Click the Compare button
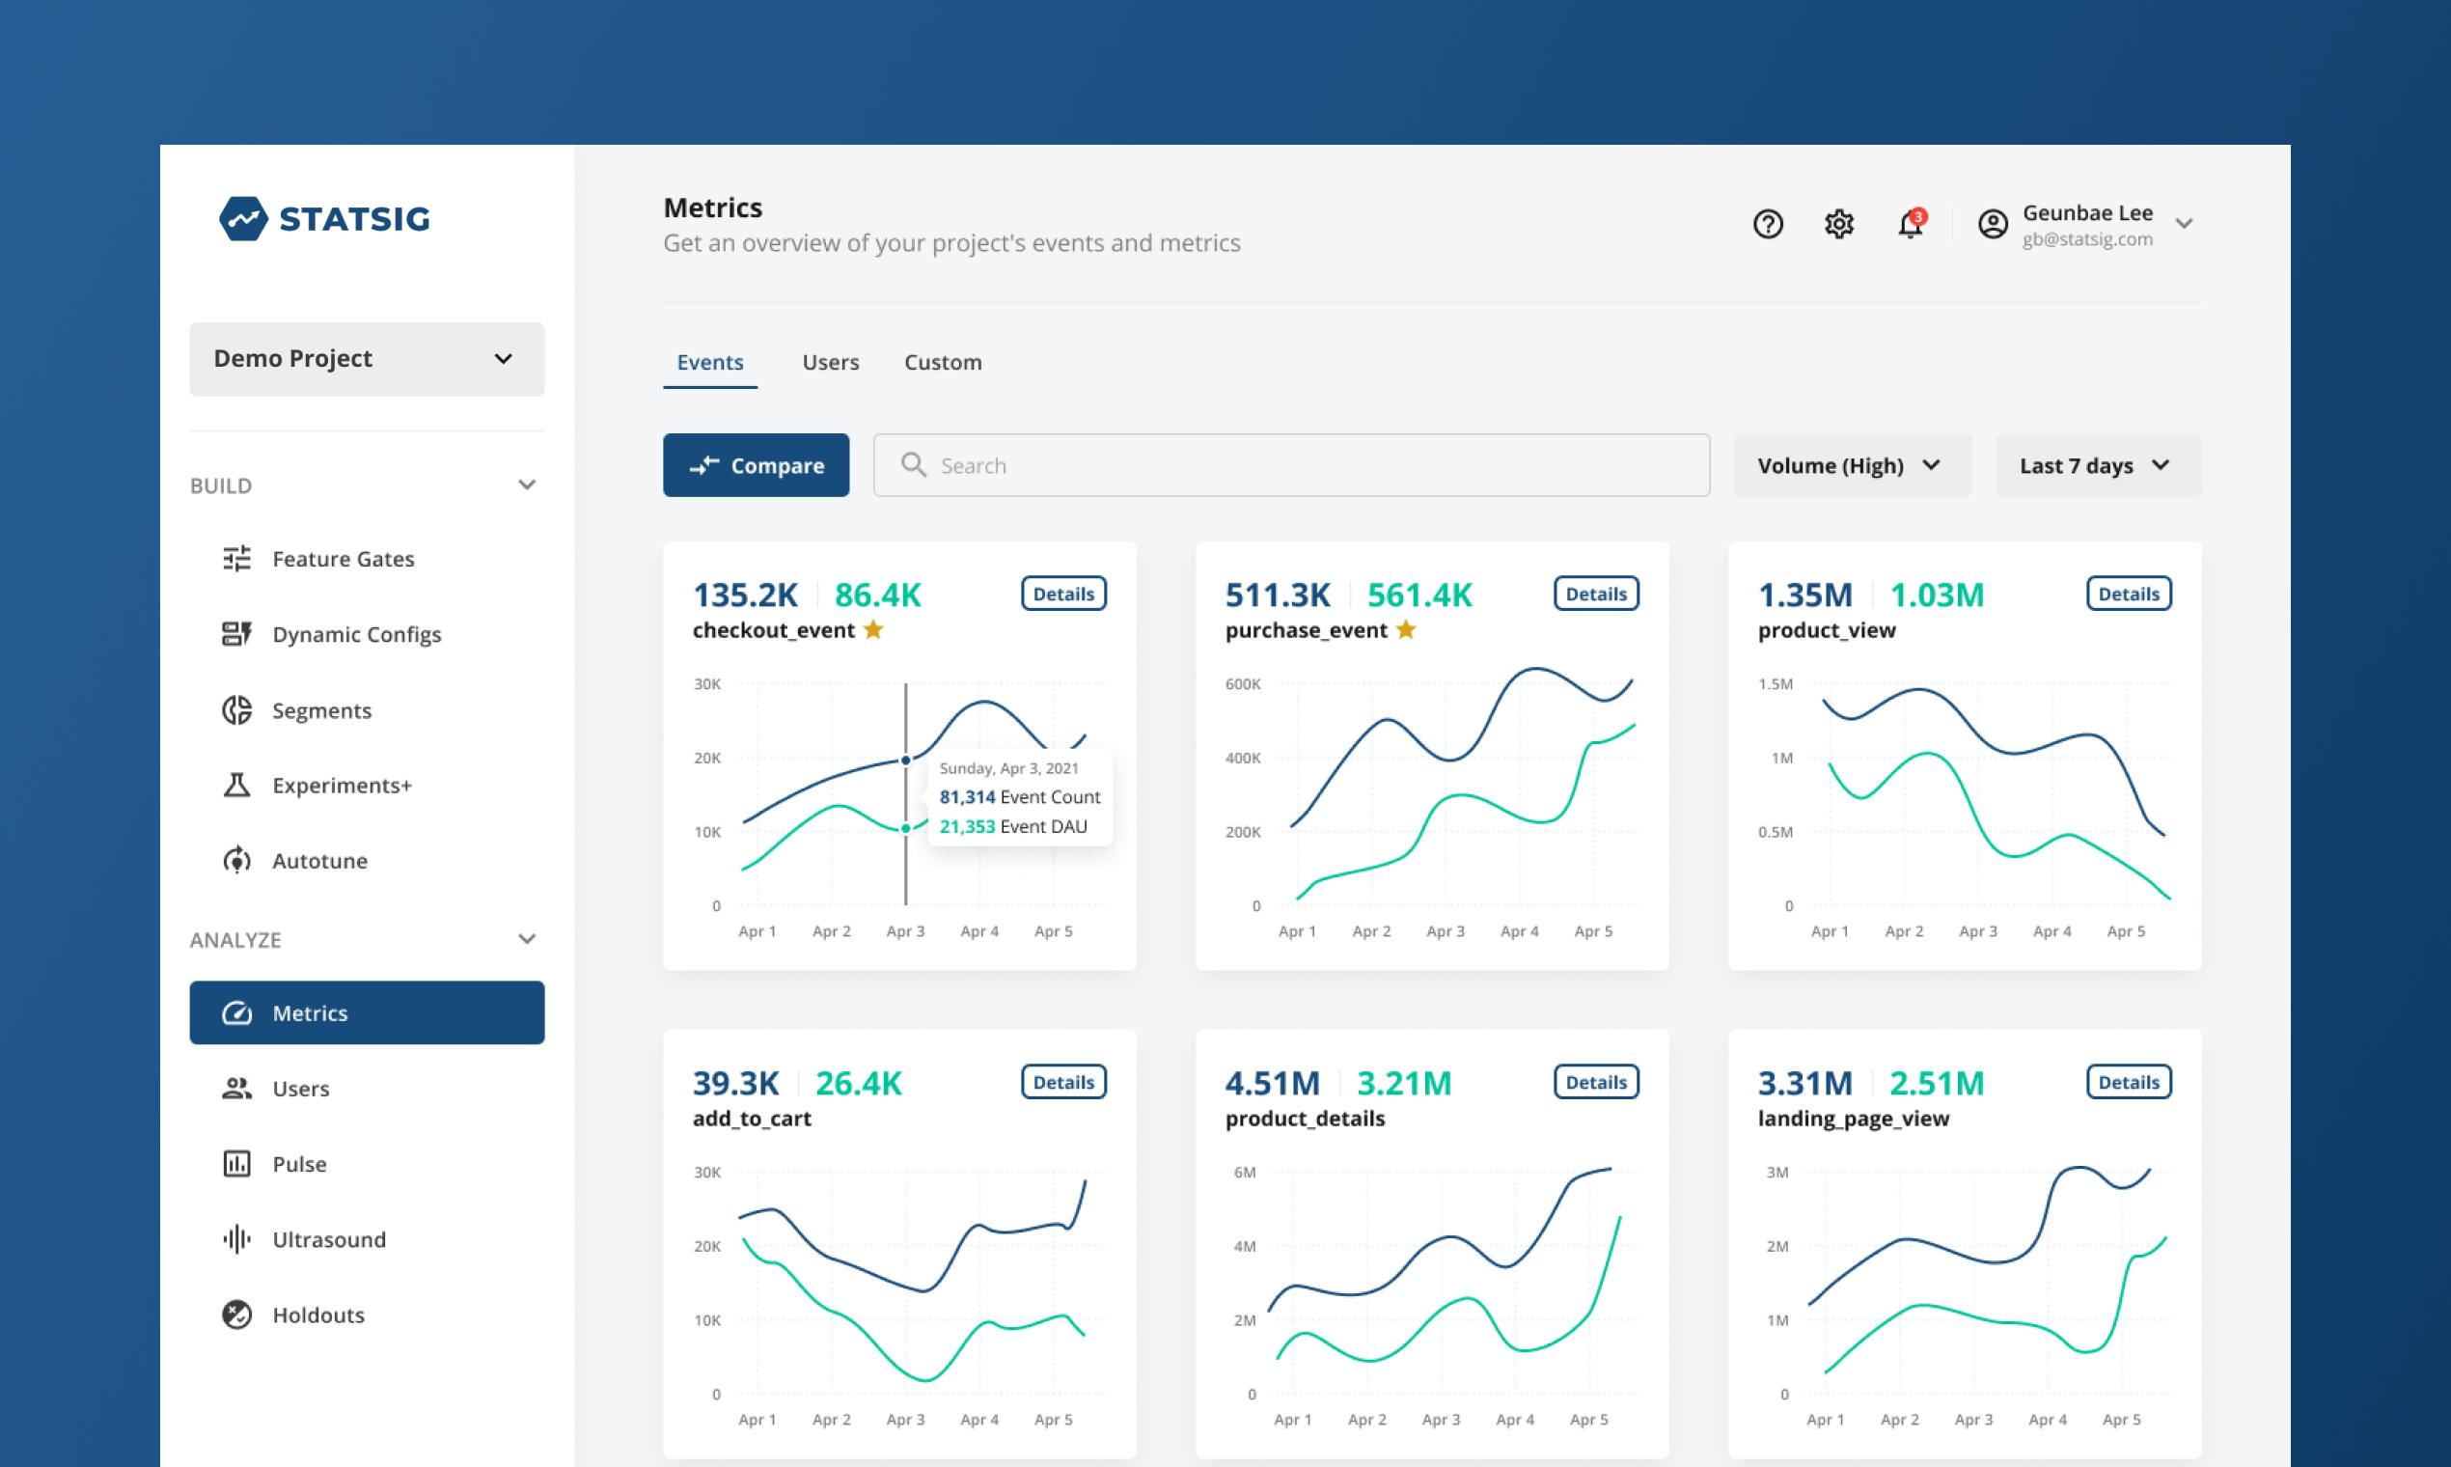click(757, 464)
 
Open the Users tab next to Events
click(830, 362)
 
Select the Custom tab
click(943, 362)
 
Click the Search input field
click(1291, 464)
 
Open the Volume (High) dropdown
click(1852, 464)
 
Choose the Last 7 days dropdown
click(2098, 464)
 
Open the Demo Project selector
click(367, 359)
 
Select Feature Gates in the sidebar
click(343, 559)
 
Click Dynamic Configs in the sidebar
click(357, 634)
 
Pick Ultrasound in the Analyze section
click(329, 1238)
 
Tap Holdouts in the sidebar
click(318, 1315)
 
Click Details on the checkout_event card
click(1063, 594)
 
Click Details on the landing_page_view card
click(2129, 1082)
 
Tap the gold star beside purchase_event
click(1405, 629)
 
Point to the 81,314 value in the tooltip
click(967, 797)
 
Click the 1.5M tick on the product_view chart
click(1775, 684)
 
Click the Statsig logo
click(324, 218)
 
